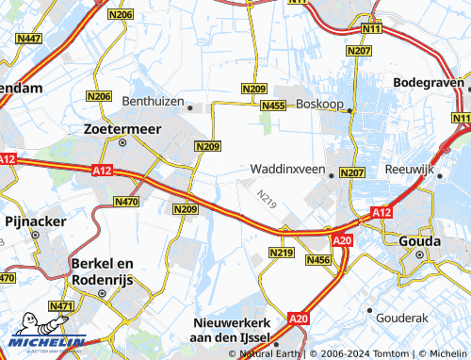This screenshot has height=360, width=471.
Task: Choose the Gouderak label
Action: coord(401,319)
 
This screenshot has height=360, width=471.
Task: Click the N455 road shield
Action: coord(274,106)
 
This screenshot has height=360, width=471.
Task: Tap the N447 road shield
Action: coord(29,38)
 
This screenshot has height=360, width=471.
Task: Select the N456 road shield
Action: coord(319,259)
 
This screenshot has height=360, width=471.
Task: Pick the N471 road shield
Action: coord(35,306)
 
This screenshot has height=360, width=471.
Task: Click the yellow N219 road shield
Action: coord(281,253)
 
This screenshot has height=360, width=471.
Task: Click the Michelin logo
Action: coord(44,341)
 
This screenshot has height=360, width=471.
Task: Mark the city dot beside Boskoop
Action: coord(349,110)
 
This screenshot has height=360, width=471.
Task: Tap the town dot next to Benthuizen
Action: coord(190,107)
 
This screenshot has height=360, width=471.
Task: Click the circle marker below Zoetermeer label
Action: coord(122,142)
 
